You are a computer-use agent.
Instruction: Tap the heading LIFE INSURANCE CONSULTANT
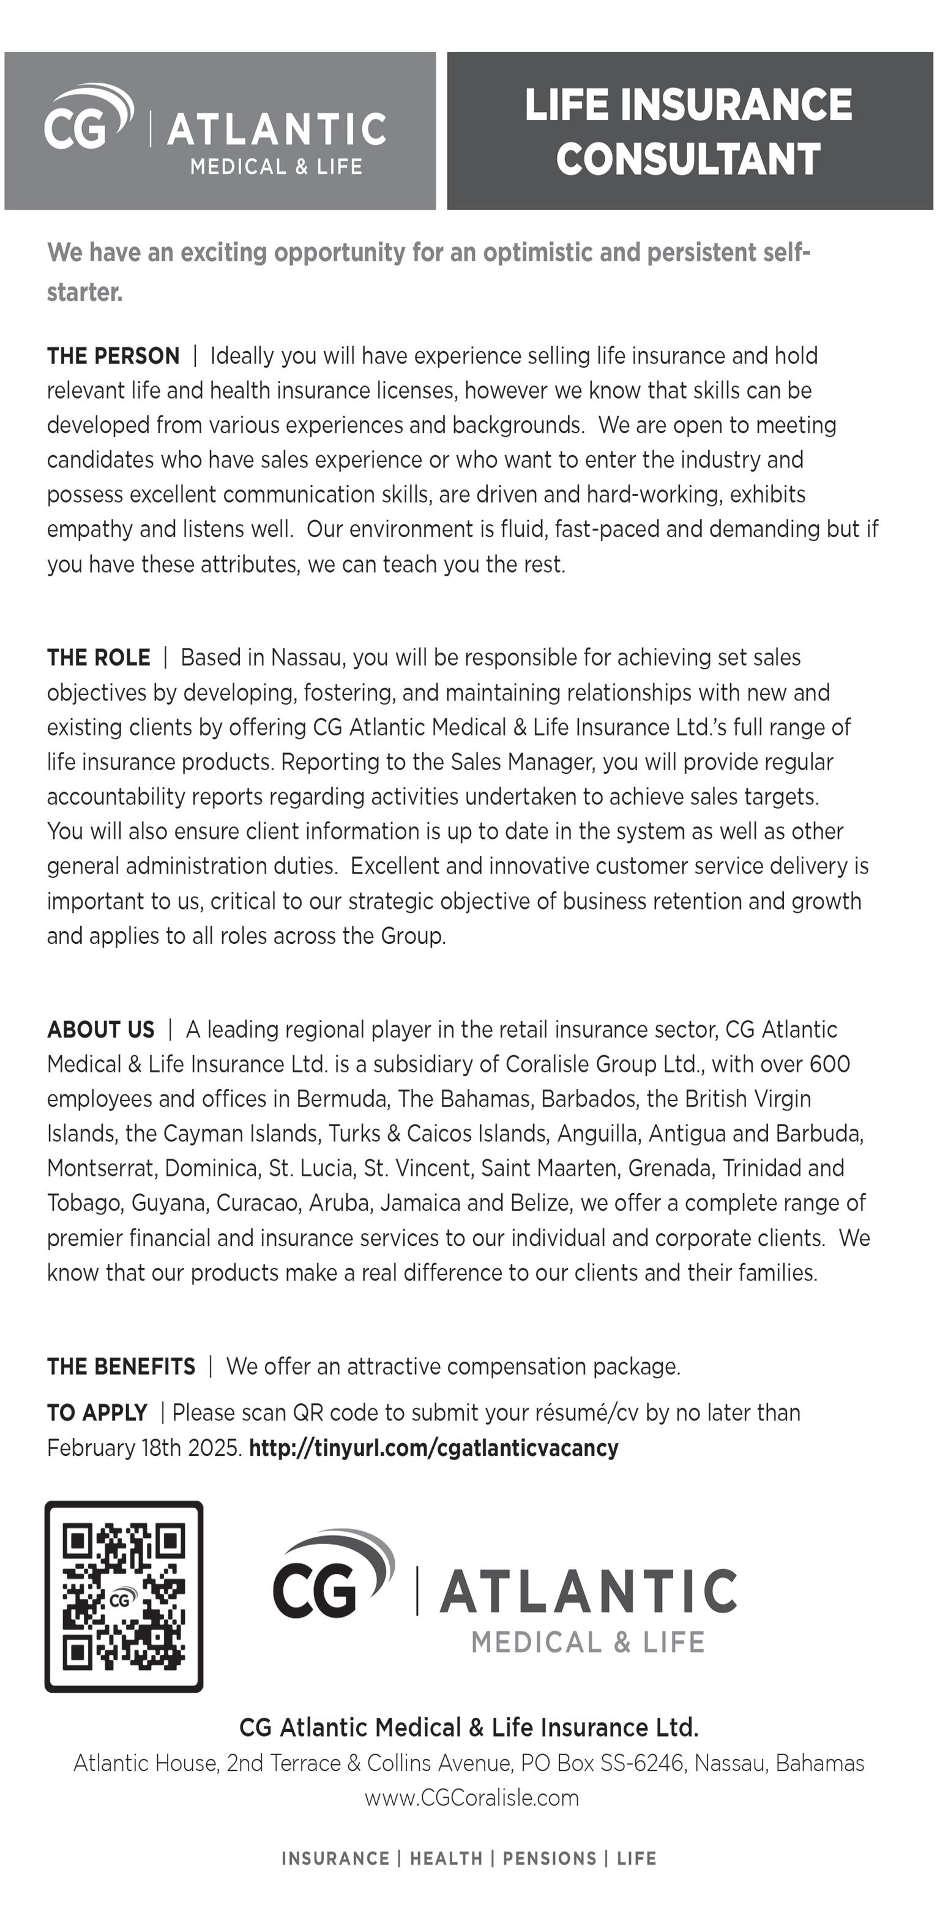click(x=688, y=131)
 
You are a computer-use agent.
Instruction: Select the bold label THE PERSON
click(x=113, y=356)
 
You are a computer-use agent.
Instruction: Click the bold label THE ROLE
click(x=98, y=658)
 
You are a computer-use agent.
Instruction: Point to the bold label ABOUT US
click(x=100, y=1030)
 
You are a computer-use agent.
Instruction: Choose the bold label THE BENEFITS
click(x=121, y=1367)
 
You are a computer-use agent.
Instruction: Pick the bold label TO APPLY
click(x=97, y=1413)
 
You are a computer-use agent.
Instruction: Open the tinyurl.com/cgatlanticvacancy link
click(x=433, y=1448)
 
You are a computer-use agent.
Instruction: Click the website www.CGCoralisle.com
click(x=471, y=1797)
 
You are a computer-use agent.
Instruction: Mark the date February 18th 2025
click(x=144, y=1448)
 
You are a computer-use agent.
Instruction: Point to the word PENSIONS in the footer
click(x=550, y=1859)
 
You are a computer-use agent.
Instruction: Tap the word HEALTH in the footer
click(x=446, y=1859)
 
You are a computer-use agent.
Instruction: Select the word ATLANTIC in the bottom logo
click(x=588, y=1592)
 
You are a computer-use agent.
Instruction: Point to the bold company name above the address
click(x=469, y=1728)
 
